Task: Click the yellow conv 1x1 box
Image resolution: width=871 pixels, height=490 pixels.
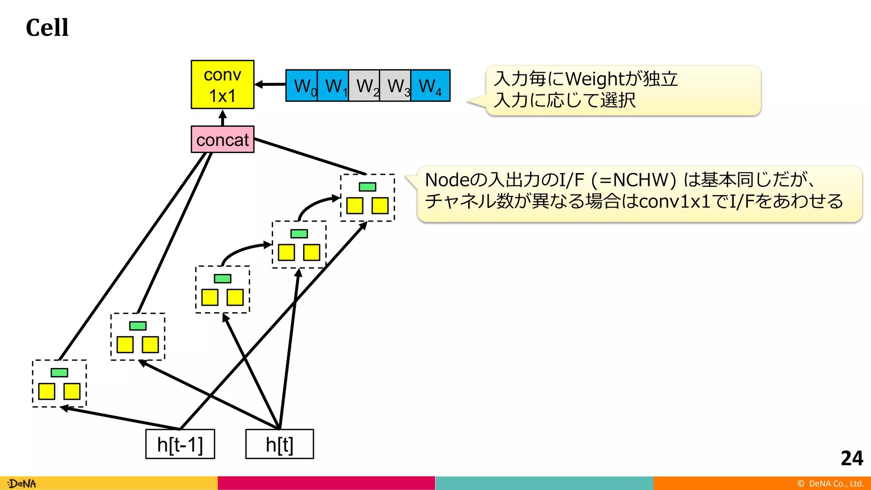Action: pyautogui.click(x=222, y=85)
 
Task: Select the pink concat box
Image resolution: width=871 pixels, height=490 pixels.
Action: pyautogui.click(x=222, y=140)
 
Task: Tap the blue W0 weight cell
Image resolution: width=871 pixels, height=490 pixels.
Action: pyautogui.click(x=302, y=86)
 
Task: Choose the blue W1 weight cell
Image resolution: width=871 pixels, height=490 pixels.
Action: pyautogui.click(x=333, y=86)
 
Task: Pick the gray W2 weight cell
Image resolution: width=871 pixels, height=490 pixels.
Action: pyautogui.click(x=364, y=86)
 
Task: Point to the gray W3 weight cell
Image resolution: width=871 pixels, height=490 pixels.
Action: pyautogui.click(x=395, y=86)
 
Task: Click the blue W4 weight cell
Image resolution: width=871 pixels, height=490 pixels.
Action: pyautogui.click(x=430, y=86)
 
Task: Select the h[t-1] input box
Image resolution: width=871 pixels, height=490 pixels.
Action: pyautogui.click(x=180, y=444)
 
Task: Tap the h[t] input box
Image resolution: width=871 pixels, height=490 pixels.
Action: pyautogui.click(x=279, y=444)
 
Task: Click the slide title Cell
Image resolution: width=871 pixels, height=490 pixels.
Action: pyautogui.click(x=47, y=28)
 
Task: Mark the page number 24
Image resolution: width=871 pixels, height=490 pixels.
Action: pyautogui.click(x=851, y=458)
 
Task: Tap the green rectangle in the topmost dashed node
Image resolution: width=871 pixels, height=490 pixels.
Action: pyautogui.click(x=367, y=187)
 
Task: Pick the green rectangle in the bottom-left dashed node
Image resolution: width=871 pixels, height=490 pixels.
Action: pyautogui.click(x=59, y=373)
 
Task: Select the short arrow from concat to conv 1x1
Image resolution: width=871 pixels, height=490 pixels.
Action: pyautogui.click(x=222, y=117)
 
